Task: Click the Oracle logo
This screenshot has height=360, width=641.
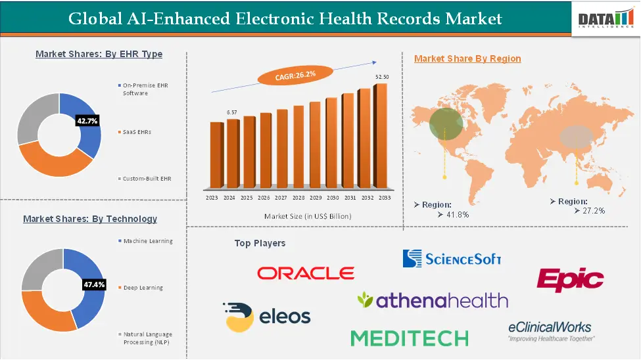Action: click(x=306, y=273)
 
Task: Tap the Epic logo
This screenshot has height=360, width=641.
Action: click(x=570, y=280)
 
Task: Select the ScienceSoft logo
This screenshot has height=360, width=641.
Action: click(x=452, y=258)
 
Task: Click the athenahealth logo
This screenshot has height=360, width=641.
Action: click(x=433, y=300)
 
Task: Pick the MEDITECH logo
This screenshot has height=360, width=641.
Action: click(x=410, y=338)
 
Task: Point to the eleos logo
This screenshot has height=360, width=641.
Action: click(x=266, y=317)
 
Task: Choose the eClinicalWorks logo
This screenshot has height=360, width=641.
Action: click(x=550, y=330)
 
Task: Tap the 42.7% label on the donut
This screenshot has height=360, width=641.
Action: click(x=87, y=121)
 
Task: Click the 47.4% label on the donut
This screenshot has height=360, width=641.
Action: click(x=94, y=284)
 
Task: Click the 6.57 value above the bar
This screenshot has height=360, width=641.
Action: click(x=232, y=113)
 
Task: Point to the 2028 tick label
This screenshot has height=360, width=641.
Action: click(x=298, y=198)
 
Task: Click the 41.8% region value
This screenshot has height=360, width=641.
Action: click(x=453, y=214)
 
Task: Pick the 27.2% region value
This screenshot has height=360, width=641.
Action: click(x=589, y=210)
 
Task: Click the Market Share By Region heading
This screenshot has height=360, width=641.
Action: click(x=467, y=58)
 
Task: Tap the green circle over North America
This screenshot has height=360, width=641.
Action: click(x=446, y=124)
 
